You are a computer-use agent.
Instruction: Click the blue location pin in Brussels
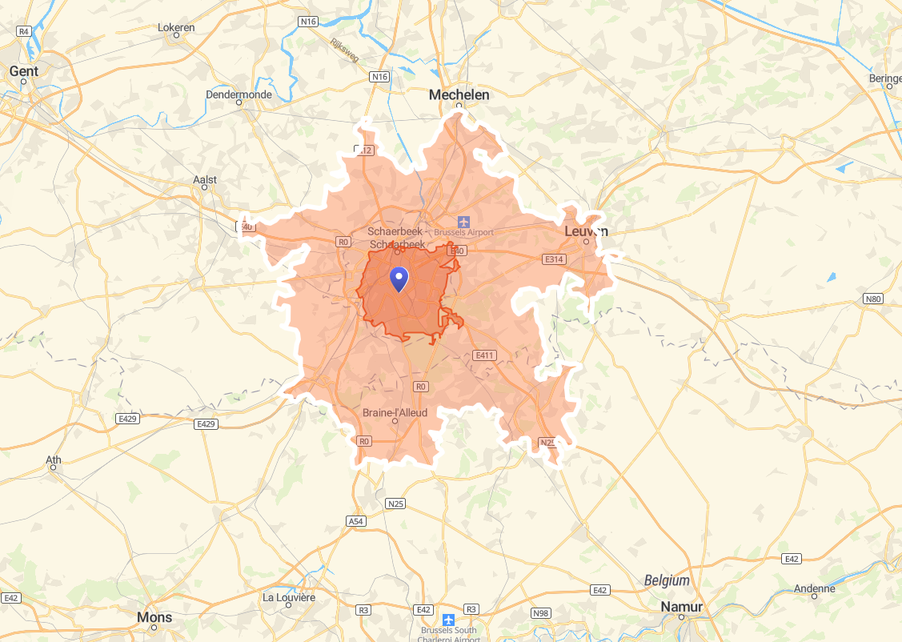[399, 279]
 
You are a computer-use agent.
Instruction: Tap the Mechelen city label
[459, 94]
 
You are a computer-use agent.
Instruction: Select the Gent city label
[24, 71]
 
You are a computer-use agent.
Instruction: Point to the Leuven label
[586, 231]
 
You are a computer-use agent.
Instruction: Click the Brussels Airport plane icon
[463, 221]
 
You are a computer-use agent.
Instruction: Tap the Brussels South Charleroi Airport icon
[448, 620]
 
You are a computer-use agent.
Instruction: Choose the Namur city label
[681, 607]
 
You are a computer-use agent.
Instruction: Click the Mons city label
[154, 617]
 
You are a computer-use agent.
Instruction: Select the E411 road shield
[484, 355]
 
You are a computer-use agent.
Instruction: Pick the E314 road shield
[554, 259]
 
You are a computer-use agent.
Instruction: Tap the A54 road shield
[356, 521]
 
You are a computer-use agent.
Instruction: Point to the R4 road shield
[24, 30]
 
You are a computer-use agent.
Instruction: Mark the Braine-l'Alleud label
[395, 413]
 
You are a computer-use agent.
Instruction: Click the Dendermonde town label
[239, 94]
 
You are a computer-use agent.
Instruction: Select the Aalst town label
[205, 180]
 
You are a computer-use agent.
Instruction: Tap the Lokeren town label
[176, 27]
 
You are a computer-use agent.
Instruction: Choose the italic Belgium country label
[667, 580]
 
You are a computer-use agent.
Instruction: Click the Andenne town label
[814, 588]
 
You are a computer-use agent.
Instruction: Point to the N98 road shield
[541, 613]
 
